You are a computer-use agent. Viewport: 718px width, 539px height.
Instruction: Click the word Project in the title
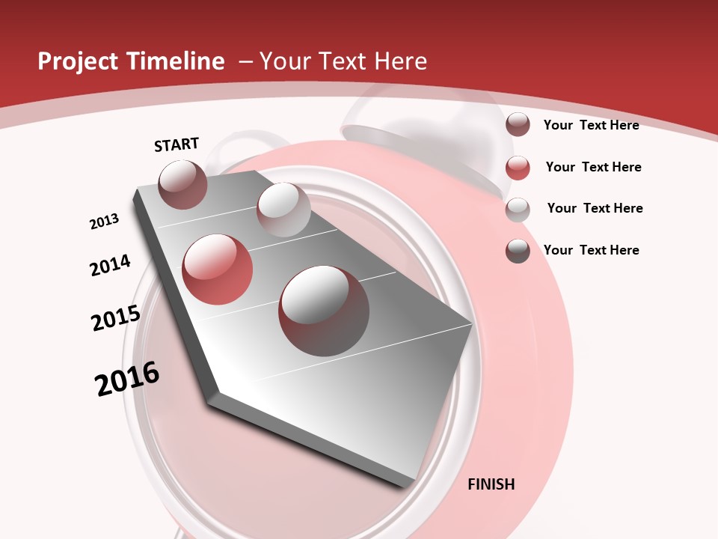[77, 61]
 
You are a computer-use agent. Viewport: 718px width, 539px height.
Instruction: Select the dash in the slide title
[245, 61]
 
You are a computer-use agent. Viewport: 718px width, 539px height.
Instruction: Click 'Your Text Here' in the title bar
[343, 61]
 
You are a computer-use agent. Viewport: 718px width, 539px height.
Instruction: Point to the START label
[177, 144]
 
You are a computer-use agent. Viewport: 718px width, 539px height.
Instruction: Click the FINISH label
[491, 484]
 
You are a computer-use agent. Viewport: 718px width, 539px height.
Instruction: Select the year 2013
[104, 222]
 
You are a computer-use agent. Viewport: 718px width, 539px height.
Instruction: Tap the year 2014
[110, 265]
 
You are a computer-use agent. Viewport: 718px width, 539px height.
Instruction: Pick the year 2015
[116, 318]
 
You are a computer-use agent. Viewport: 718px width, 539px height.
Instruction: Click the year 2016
[127, 379]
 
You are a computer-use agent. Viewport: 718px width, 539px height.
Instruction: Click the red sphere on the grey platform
[218, 269]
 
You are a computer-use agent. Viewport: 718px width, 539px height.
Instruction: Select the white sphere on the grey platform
[283, 210]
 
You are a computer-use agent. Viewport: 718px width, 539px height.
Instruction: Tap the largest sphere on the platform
[324, 310]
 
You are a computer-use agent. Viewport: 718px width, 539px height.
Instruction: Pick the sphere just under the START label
[183, 184]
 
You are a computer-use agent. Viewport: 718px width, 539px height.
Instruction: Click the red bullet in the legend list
[518, 168]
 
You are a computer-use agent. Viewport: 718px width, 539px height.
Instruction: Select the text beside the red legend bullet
[593, 167]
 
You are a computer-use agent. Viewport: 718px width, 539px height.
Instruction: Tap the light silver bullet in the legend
[518, 210]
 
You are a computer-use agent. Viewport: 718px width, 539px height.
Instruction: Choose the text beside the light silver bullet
[595, 208]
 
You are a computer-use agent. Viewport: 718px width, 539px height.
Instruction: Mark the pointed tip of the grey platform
[471, 324]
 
